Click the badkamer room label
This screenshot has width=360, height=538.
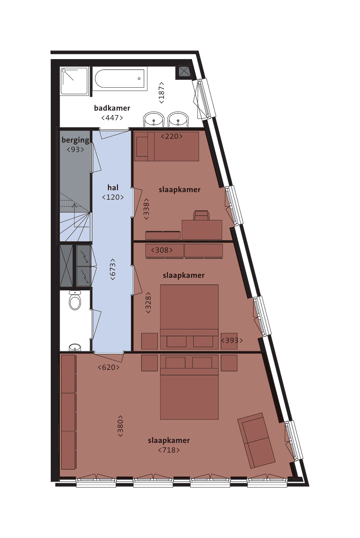coord(112,108)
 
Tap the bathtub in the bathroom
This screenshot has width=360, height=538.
coord(120,79)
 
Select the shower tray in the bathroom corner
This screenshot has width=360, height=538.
coord(74,81)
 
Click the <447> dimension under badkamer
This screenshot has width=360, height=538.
coord(112,118)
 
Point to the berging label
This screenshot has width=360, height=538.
coord(75,140)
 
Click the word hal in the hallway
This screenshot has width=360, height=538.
coord(113,187)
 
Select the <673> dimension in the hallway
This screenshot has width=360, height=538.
coord(113,269)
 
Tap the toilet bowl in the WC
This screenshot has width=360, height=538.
coord(75,301)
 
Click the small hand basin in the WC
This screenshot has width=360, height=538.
coord(75,347)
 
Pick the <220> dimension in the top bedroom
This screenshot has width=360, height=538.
coord(172,136)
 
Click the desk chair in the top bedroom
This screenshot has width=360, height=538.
coord(201,215)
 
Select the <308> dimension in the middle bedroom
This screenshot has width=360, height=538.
coord(162,250)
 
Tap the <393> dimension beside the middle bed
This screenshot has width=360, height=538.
coord(232,341)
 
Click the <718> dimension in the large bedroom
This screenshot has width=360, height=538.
coord(169,450)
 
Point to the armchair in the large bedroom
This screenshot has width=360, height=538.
coord(256,440)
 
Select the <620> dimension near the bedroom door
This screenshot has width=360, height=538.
coord(109,368)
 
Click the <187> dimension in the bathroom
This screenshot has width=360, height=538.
coord(161,93)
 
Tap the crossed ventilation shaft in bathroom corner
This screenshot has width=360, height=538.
coord(184,71)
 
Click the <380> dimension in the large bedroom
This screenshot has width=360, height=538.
coord(120,426)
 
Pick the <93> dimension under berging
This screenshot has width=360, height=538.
coord(75,149)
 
